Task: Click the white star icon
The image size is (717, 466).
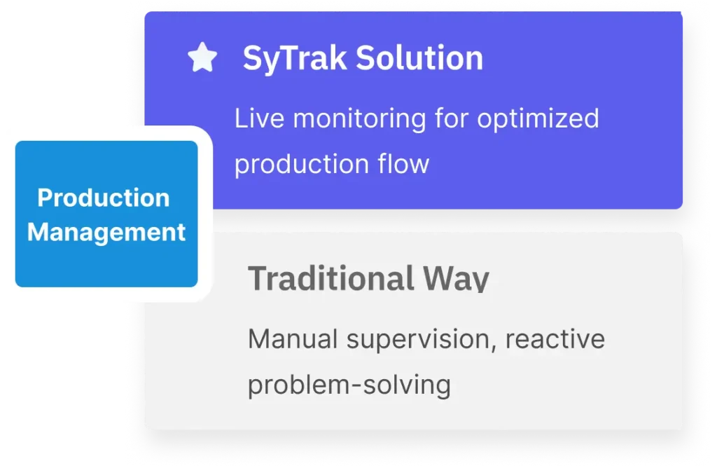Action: coord(202,57)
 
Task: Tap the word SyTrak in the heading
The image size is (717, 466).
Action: coord(295,59)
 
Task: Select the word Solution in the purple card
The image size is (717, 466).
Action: coord(419,58)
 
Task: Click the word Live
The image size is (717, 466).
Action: coord(259,118)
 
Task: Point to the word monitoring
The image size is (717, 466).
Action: coord(360,120)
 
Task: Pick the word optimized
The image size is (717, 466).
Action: coord(538,120)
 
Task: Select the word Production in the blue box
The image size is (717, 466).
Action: coord(104,198)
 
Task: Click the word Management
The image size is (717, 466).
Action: coord(106,232)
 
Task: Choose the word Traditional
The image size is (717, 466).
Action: coord(330,278)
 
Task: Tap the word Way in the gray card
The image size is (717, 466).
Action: coord(456,279)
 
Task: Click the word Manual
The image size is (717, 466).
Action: coord(293,339)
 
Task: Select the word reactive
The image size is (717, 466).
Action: coord(555,339)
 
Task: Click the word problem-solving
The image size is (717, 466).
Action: coord(349,385)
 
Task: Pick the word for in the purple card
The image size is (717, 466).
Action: coord(452,118)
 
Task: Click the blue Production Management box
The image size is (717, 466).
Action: coord(106,214)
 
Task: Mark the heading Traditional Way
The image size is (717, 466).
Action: coord(368,279)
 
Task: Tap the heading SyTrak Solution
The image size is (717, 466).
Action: coord(363,59)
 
